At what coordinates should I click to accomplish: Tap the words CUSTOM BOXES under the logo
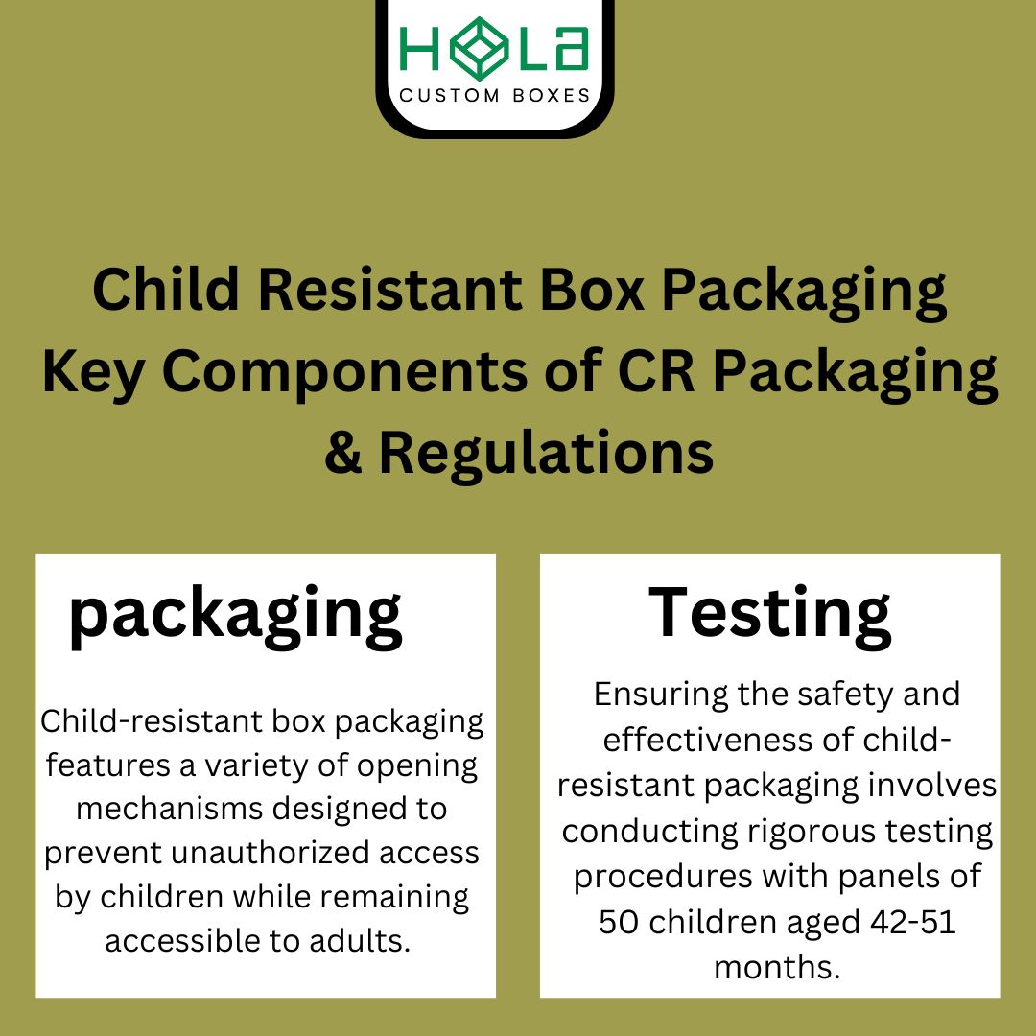click(x=494, y=96)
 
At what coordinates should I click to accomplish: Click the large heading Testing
click(x=770, y=613)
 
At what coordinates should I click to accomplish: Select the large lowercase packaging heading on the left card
click(x=236, y=615)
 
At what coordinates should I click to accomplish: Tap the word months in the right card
click(x=777, y=966)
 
